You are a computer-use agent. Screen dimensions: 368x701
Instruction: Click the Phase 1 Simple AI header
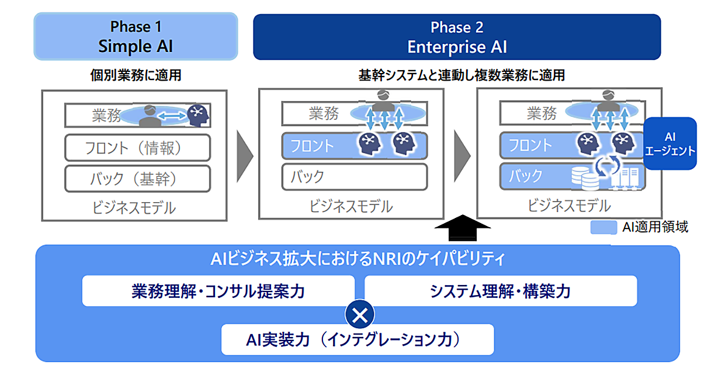pyautogui.click(x=136, y=36)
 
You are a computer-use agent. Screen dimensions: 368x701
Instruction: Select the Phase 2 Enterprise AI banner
pyautogui.click(x=456, y=36)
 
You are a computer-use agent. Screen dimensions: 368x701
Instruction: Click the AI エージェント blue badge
pyautogui.click(x=671, y=144)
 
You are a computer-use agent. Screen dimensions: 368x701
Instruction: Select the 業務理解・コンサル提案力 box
pyautogui.click(x=218, y=291)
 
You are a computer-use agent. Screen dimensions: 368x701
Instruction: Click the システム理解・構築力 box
pyautogui.click(x=500, y=291)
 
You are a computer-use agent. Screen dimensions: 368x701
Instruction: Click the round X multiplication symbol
pyautogui.click(x=360, y=315)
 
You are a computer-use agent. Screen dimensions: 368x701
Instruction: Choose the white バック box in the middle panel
pyautogui.click(x=355, y=176)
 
